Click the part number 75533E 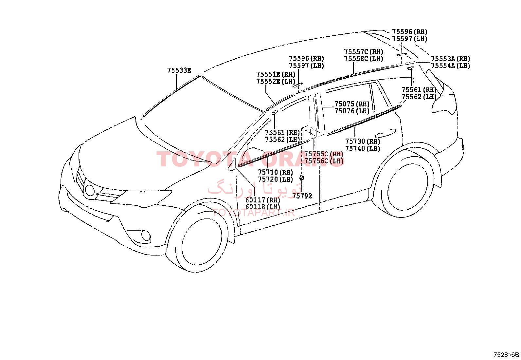(x=179, y=70)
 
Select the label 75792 (x=302, y=196)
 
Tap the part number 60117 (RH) (x=263, y=200)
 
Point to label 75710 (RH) (x=275, y=172)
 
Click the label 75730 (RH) (x=363, y=141)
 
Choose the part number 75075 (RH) (x=352, y=104)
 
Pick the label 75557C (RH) (x=364, y=51)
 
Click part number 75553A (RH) (x=451, y=58)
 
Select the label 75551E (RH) (x=276, y=74)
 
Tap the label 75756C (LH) (x=324, y=161)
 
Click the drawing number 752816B (x=506, y=355)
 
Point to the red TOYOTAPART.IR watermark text (x=254, y=212)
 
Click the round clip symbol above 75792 (x=302, y=178)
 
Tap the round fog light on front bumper (x=146, y=236)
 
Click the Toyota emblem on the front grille (x=90, y=190)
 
